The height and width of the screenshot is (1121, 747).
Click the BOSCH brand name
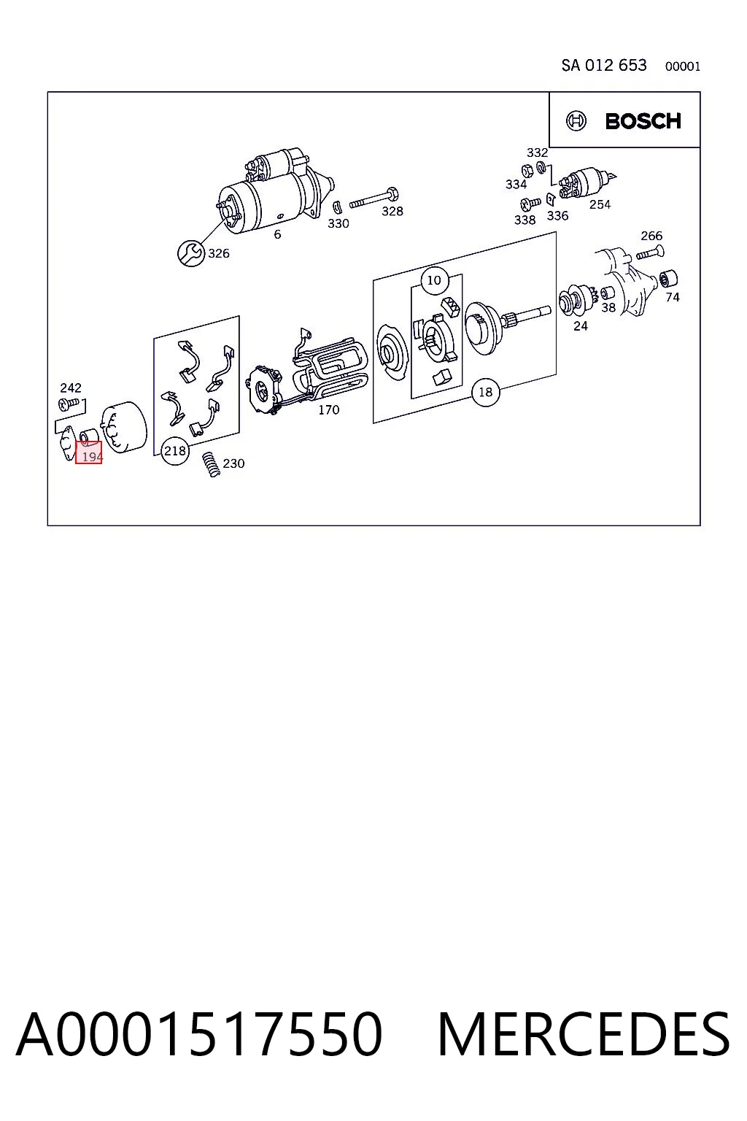tap(643, 121)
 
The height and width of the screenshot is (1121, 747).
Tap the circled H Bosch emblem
tap(576, 121)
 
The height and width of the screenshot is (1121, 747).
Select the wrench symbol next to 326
tap(190, 253)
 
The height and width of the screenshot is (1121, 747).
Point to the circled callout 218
tap(174, 451)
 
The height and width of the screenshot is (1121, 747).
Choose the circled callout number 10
tap(434, 280)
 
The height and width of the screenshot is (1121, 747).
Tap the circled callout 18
tap(485, 392)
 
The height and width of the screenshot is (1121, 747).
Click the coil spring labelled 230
tap(212, 464)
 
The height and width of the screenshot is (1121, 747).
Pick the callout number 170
tap(329, 410)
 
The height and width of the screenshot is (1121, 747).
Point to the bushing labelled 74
tap(668, 279)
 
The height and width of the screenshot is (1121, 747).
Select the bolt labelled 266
tap(651, 252)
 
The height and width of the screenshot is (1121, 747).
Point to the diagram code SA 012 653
tap(604, 66)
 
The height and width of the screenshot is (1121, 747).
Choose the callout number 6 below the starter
tap(277, 234)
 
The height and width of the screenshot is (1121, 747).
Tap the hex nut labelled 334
tap(527, 171)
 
